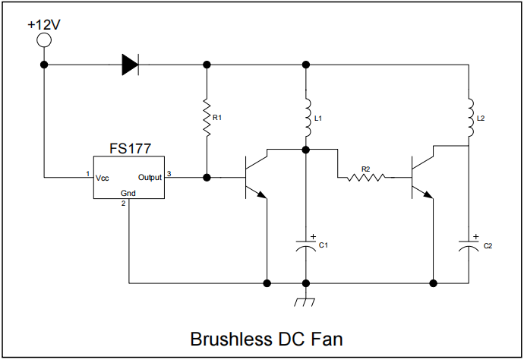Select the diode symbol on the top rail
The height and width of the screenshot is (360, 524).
pos(131,65)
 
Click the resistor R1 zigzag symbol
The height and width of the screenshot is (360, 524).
pos(206,117)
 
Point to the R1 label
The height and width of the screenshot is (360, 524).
pos(217,118)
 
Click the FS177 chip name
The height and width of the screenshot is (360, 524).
pos(129,148)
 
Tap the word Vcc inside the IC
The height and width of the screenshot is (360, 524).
pos(103,178)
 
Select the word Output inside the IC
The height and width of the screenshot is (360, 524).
pos(150,178)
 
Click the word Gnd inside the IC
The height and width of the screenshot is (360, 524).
pos(128,194)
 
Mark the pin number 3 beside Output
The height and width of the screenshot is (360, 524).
pos(169,174)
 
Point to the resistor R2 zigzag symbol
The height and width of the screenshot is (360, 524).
pos(366,178)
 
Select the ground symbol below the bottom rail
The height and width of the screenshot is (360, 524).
pos(305,302)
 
